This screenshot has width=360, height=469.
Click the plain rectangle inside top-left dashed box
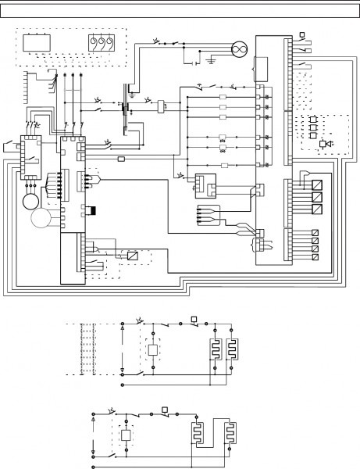(x=34, y=42)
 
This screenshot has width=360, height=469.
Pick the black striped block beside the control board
(x=92, y=209)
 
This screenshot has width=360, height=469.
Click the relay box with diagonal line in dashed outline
(x=134, y=256)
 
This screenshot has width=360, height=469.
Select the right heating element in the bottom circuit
(x=230, y=434)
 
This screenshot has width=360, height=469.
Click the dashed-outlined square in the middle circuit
(x=153, y=349)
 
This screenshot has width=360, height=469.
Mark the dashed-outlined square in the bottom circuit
(x=126, y=435)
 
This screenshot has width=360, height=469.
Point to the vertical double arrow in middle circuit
(x=123, y=348)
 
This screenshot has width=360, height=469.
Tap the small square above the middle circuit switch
(x=193, y=319)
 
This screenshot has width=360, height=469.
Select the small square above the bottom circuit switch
(x=164, y=408)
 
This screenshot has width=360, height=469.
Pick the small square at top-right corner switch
(x=303, y=34)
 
